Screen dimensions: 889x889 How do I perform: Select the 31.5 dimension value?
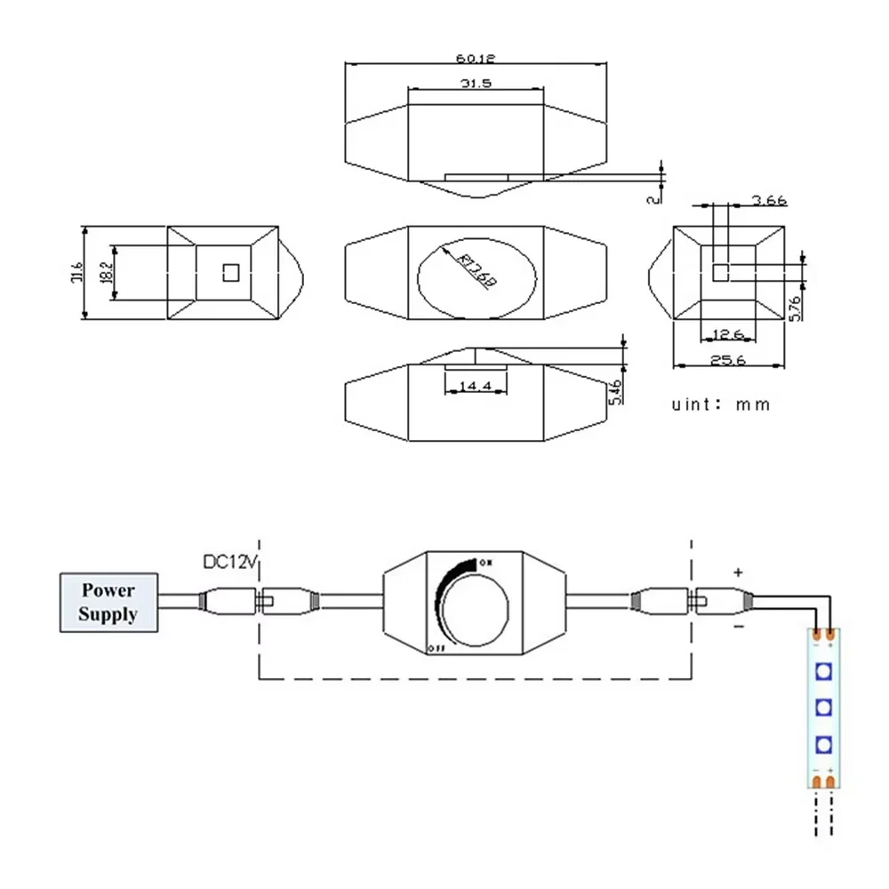[x=476, y=83]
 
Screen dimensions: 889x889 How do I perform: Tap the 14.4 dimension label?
[x=476, y=387]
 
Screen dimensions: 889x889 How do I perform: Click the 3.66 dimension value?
[x=769, y=200]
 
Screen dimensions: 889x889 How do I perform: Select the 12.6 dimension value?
[x=728, y=334]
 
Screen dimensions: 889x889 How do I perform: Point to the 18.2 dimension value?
[x=106, y=273]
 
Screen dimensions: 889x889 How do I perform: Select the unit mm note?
[x=720, y=404]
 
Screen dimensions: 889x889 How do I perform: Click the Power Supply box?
[x=108, y=602]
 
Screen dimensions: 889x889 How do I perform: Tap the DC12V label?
[x=228, y=563]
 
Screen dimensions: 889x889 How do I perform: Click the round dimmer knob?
[x=476, y=605]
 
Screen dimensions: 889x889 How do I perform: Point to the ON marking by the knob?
[x=485, y=563]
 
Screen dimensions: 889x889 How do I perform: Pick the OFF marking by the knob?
[x=436, y=646]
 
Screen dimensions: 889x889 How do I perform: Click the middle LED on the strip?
[x=823, y=707]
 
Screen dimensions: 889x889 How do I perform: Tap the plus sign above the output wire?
[x=737, y=573]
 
